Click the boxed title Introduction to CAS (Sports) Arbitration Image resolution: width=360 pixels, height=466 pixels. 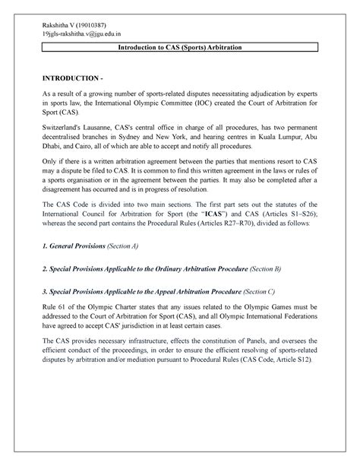tap(179, 48)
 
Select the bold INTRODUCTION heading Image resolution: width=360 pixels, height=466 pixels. tap(63, 78)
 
